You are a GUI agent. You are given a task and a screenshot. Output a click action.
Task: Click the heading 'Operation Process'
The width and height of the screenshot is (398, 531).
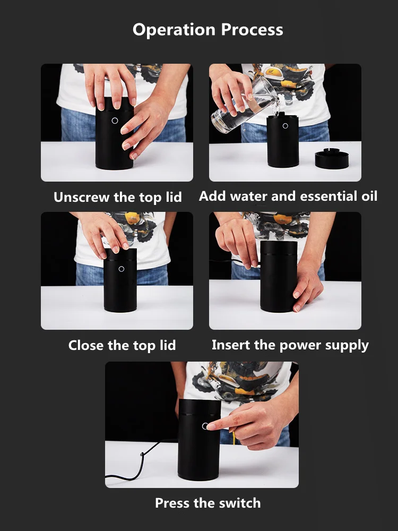coord(207,30)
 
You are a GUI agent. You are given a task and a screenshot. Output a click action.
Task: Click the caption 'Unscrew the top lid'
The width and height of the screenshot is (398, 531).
coord(117,198)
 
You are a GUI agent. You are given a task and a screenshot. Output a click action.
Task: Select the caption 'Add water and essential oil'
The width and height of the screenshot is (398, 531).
coord(288,196)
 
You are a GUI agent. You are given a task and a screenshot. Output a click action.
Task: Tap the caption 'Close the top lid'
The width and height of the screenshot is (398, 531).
coord(122,346)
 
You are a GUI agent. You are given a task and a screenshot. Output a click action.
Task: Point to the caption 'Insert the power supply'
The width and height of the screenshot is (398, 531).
coord(290,345)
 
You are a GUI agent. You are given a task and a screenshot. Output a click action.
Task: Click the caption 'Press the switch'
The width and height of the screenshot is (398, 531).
coord(207,503)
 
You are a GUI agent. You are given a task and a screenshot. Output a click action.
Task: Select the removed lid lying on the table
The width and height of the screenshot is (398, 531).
coord(333,158)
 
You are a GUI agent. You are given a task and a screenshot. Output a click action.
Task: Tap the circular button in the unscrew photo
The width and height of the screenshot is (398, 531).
coord(114,121)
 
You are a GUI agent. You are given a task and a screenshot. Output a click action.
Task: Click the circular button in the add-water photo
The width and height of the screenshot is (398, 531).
coord(285,126)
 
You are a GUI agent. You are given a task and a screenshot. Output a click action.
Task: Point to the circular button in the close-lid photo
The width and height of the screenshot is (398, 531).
coord(121,269)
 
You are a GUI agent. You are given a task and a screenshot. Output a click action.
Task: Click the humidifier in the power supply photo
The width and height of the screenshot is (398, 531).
coord(278,276)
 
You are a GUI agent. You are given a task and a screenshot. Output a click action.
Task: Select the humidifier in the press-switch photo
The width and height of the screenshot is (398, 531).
coord(198,446)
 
